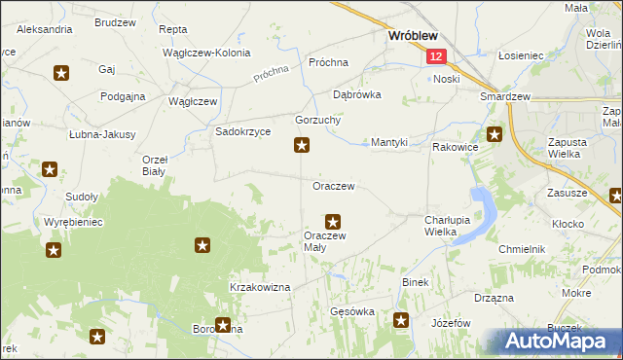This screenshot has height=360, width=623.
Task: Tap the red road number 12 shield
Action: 436,57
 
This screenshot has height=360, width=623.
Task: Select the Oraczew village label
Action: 333,185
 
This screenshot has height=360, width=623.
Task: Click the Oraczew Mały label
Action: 324,240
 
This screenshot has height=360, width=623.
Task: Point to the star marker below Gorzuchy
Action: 303,146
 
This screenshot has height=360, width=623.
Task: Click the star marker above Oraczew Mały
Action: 333,222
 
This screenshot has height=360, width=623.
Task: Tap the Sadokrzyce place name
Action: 242,131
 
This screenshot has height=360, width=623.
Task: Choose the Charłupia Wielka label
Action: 448,226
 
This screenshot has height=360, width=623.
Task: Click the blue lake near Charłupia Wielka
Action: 482,209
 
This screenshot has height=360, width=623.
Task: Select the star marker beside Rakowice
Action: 495,135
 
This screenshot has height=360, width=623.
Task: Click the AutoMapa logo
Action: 559,341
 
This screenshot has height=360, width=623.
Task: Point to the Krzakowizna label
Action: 260,287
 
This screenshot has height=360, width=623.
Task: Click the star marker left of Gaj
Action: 61,72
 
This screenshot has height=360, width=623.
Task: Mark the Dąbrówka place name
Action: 356,95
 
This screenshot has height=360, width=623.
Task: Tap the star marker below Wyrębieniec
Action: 54,250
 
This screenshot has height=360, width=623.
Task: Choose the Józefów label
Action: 451,323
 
